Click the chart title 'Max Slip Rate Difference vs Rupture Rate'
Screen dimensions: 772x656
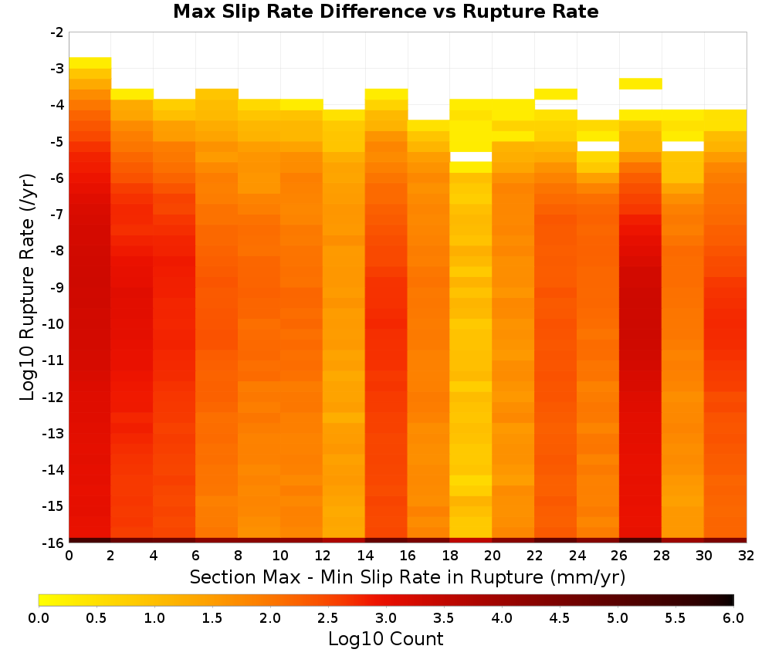pyautogui.click(x=385, y=12)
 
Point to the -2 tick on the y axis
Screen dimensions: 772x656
pyautogui.click(x=56, y=32)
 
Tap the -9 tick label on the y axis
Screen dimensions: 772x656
pyautogui.click(x=56, y=287)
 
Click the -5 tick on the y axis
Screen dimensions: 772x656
pyautogui.click(x=56, y=142)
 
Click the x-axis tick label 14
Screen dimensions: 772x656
pyautogui.click(x=365, y=556)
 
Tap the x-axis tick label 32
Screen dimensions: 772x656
pyautogui.click(x=747, y=556)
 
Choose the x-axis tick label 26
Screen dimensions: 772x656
pyautogui.click(x=619, y=556)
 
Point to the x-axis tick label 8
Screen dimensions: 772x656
pyautogui.click(x=238, y=556)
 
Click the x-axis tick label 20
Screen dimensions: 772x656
pyautogui.click(x=493, y=556)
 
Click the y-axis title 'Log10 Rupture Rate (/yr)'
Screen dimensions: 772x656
pyautogui.click(x=27, y=287)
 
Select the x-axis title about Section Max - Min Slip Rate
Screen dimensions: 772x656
pyautogui.click(x=408, y=577)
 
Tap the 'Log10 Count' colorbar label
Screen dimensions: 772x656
pyautogui.click(x=385, y=639)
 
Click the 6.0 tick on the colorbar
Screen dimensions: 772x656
pyautogui.click(x=733, y=618)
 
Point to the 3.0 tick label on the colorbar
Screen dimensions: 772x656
pyautogui.click(x=385, y=618)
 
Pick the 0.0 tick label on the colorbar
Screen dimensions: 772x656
pyautogui.click(x=39, y=618)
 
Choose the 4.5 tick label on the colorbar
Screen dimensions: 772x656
pyautogui.click(x=559, y=618)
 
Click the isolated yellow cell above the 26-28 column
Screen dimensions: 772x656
pyautogui.click(x=640, y=83)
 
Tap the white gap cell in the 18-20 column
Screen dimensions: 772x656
pyautogui.click(x=471, y=157)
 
